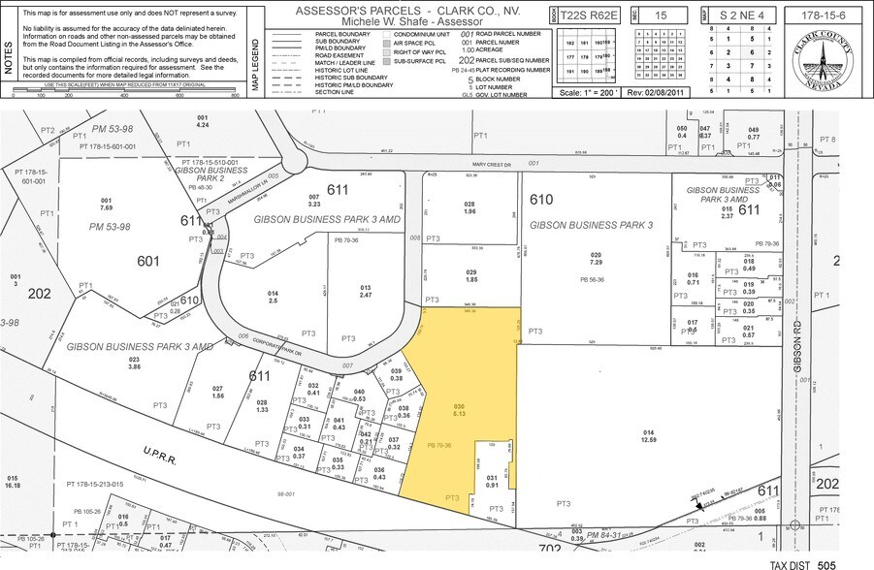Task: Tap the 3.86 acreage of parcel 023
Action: [135, 367]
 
